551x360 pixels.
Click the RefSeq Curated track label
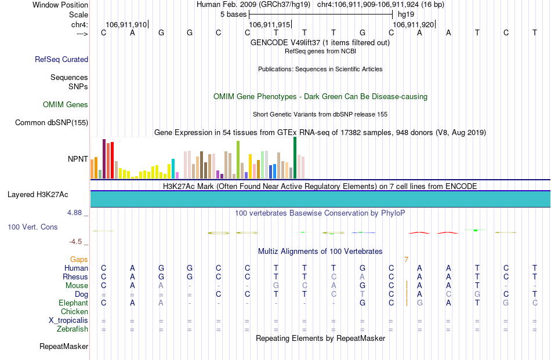[x=61, y=59]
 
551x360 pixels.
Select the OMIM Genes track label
[x=66, y=105]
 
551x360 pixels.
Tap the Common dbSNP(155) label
[x=52, y=122]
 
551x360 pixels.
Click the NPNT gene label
[x=78, y=158]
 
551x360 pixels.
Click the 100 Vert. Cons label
[x=32, y=227]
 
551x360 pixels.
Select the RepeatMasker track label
[x=64, y=347]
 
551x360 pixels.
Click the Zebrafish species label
[x=72, y=329]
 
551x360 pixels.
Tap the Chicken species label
[x=74, y=312]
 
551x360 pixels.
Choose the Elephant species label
[x=73, y=303]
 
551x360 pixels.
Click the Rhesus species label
[x=75, y=277]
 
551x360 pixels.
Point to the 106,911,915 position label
[x=269, y=25]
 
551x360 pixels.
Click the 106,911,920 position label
[x=412, y=25]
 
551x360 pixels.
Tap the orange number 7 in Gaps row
[x=406, y=260]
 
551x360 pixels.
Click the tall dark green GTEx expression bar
[x=295, y=157]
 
